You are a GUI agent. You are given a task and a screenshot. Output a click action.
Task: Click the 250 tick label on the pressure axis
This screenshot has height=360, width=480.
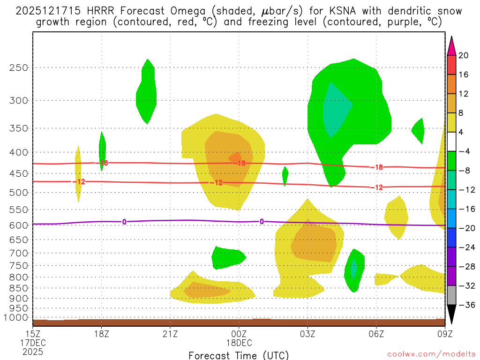tap(18, 67)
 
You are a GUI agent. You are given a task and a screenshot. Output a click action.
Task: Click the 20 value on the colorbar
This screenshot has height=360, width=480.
tap(463, 55)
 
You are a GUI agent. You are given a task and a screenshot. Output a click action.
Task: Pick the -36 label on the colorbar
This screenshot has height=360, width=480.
tap(464, 305)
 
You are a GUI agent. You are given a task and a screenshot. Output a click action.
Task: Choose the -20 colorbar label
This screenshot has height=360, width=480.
tap(464, 228)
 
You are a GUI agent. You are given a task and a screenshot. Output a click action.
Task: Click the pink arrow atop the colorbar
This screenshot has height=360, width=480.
tap(451, 45)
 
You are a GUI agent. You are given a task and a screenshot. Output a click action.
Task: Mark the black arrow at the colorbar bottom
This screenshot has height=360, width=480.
tap(451, 315)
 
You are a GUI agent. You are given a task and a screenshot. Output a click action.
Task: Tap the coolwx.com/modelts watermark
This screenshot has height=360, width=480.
tap(430, 353)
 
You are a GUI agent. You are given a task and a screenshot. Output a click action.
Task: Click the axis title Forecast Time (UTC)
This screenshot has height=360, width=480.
tap(239, 355)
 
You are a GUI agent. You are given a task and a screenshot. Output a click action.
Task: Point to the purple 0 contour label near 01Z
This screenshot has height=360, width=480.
tap(262, 222)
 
